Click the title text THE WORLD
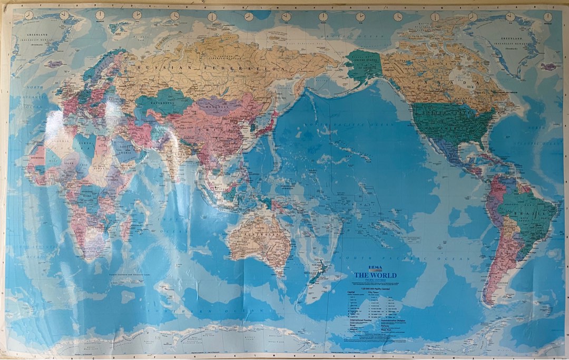[x=375, y=275]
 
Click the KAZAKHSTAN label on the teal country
[x=153, y=99]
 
